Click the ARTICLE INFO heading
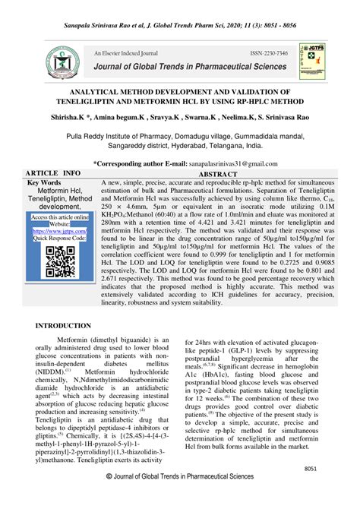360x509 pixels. (53, 174)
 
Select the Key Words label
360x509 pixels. (45, 183)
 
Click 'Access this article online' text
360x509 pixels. (59, 217)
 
